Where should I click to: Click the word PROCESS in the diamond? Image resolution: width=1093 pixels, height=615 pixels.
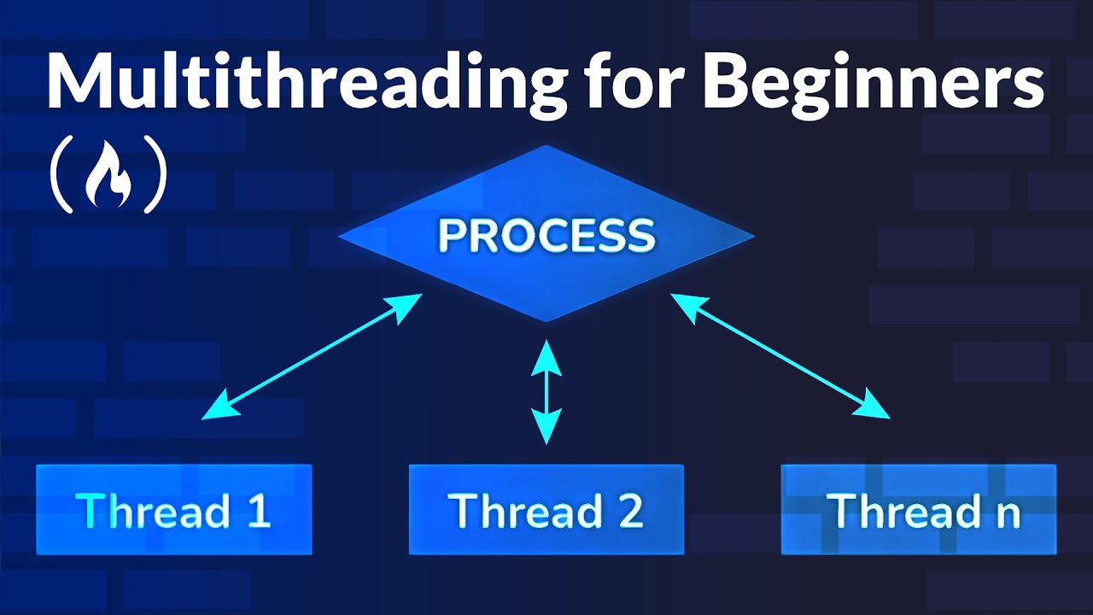click(x=546, y=235)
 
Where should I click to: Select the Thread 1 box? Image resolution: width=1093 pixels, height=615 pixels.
click(x=173, y=510)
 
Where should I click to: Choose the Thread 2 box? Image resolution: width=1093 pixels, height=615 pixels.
click(x=546, y=510)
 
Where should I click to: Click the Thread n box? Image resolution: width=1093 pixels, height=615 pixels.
click(x=919, y=510)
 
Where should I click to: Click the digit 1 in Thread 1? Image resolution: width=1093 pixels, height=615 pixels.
click(x=257, y=511)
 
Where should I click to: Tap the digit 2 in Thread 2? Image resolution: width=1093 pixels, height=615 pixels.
click(x=630, y=511)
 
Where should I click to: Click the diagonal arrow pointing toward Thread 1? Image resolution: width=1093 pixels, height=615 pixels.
click(x=313, y=356)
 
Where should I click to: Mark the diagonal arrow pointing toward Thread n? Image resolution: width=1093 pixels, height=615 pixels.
click(x=780, y=356)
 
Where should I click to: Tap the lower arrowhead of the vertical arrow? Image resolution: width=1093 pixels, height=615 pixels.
click(x=546, y=427)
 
